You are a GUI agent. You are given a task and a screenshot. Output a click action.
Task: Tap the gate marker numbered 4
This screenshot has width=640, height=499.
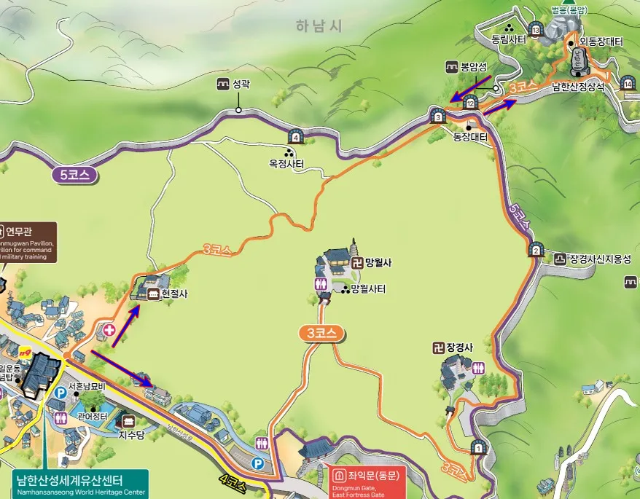(296, 136)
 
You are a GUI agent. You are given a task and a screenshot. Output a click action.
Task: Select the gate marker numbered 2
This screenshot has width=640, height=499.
(536, 250)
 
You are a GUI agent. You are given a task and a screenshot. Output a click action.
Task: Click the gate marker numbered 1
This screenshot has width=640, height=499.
(479, 447)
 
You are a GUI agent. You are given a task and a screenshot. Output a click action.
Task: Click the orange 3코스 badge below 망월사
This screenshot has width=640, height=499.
(321, 334)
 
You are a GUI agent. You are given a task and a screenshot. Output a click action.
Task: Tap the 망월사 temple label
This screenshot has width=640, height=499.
(378, 263)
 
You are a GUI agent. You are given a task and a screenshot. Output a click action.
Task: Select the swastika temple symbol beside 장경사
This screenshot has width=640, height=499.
(439, 347)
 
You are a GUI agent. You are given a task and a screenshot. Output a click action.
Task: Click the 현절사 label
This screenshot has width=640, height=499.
(174, 294)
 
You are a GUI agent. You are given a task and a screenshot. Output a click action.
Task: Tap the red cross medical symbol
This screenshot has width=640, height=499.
(109, 330)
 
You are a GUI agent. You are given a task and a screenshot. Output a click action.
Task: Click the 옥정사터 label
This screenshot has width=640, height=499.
(286, 165)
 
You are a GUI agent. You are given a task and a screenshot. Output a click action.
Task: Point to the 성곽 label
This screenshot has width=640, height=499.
(241, 85)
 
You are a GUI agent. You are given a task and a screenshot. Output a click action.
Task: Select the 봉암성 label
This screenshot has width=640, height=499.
(472, 66)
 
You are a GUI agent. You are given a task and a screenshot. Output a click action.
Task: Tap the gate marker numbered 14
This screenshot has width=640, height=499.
(628, 84)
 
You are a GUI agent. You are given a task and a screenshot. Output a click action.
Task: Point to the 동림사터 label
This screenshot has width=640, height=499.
(508, 40)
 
